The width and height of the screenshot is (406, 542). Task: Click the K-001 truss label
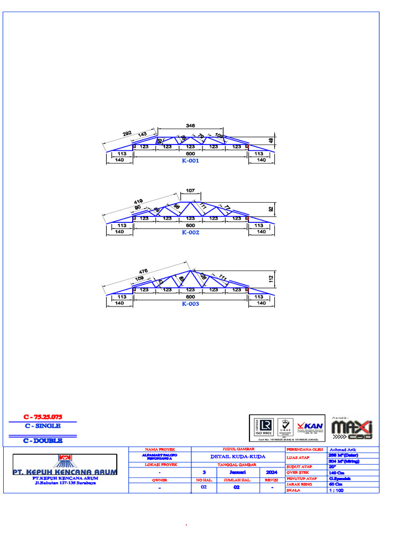click(x=190, y=161)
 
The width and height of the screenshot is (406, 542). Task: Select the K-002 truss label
click(x=190, y=232)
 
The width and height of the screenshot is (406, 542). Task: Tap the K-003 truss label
click(x=190, y=304)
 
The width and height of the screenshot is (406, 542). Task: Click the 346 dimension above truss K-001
click(x=190, y=125)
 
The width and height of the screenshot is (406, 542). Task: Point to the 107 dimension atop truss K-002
click(x=190, y=191)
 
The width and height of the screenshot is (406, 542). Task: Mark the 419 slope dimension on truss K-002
click(x=139, y=202)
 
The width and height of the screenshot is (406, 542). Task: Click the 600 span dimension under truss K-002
click(x=190, y=225)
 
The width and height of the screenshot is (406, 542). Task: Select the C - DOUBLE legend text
click(x=42, y=440)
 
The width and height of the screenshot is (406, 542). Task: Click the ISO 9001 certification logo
click(x=263, y=427)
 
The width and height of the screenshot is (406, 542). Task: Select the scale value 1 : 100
click(x=336, y=490)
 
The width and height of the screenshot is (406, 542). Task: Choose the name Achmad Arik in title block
click(x=343, y=449)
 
